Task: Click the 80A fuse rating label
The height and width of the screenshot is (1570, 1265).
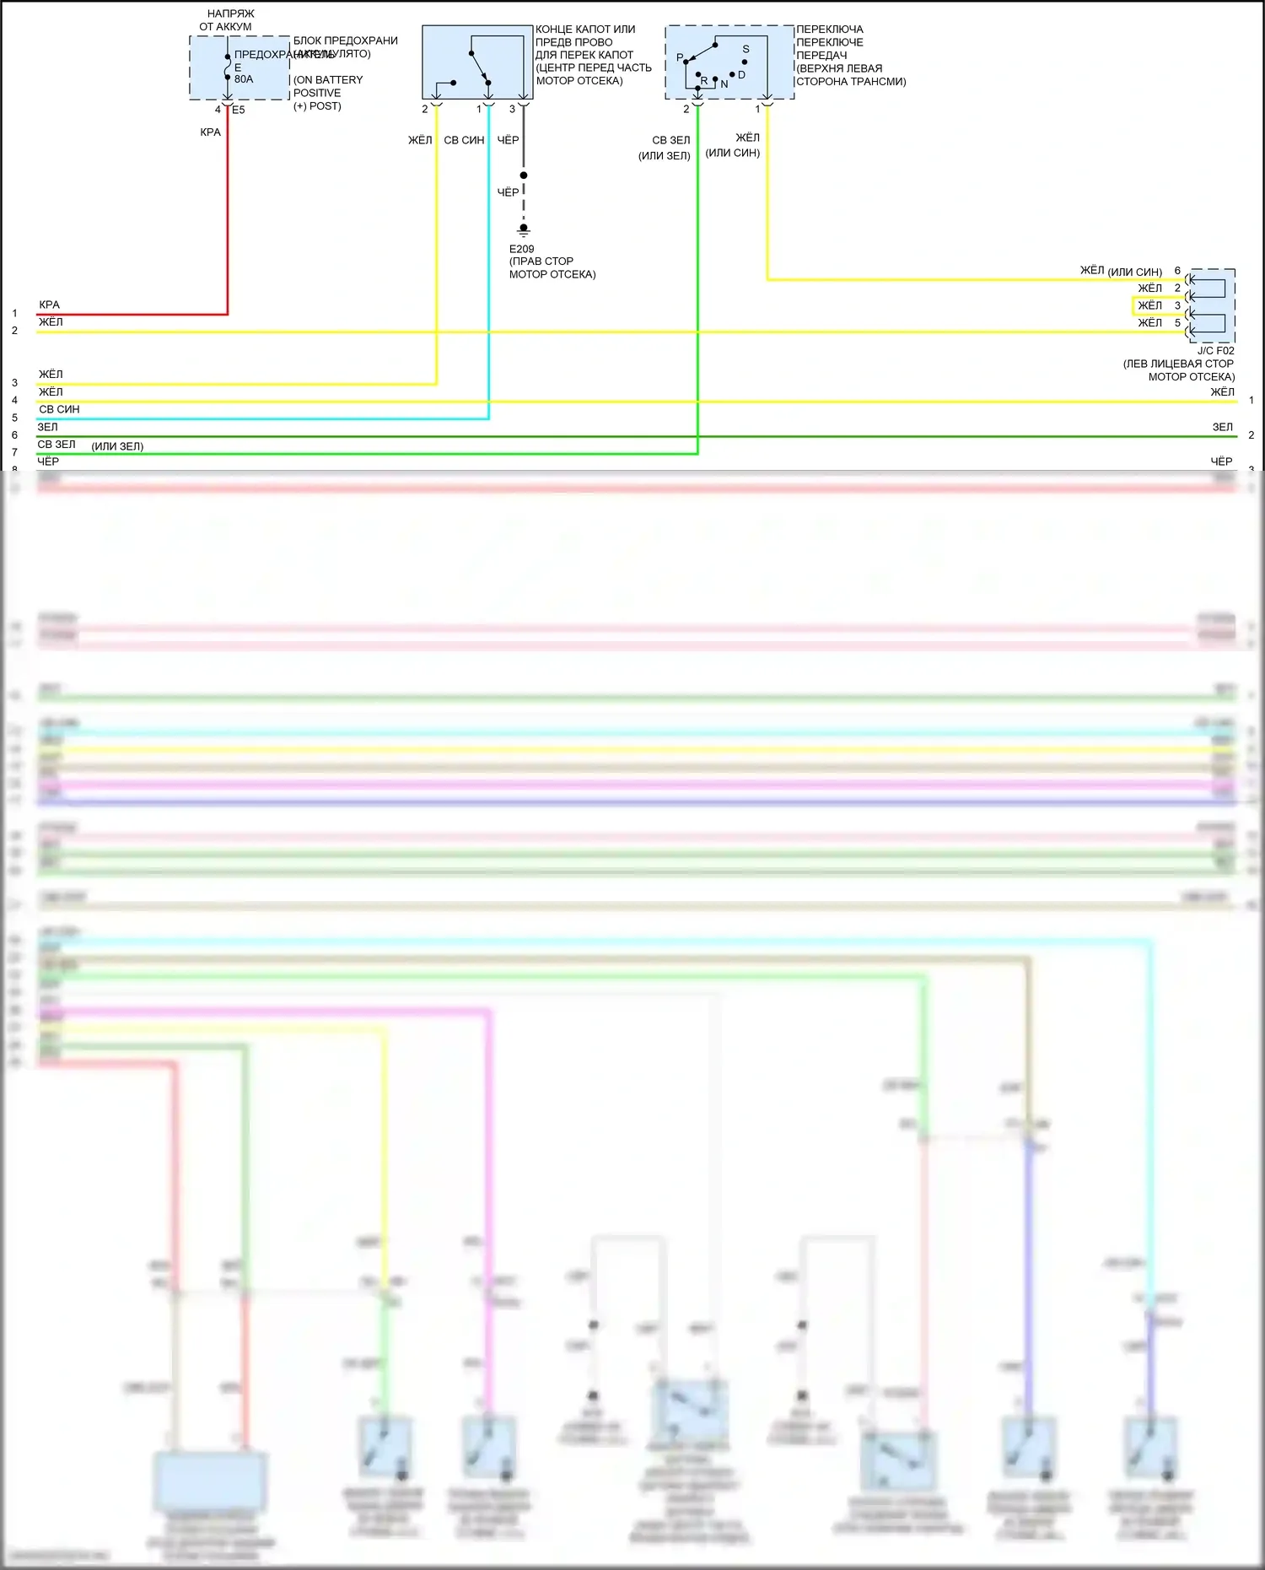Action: pyautogui.click(x=244, y=79)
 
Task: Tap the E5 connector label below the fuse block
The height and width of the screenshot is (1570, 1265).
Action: pyautogui.click(x=239, y=110)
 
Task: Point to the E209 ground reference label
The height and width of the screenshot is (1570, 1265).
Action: pyautogui.click(x=521, y=249)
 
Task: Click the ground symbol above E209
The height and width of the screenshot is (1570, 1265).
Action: pyautogui.click(x=524, y=229)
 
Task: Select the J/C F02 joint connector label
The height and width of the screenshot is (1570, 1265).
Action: pyautogui.click(x=1215, y=351)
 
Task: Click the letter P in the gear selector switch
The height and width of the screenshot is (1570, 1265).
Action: pyautogui.click(x=680, y=58)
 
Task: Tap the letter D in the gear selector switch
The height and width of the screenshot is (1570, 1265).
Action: pyautogui.click(x=741, y=75)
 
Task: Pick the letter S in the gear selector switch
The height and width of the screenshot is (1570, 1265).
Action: pyautogui.click(x=746, y=49)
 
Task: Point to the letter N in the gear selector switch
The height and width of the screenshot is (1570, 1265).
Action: pyautogui.click(x=724, y=84)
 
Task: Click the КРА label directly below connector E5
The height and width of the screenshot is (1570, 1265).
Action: pyautogui.click(x=210, y=132)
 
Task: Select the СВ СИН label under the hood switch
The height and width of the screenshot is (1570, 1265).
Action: pyautogui.click(x=464, y=140)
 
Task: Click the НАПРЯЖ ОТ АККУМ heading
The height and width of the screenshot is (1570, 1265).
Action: pyautogui.click(x=229, y=20)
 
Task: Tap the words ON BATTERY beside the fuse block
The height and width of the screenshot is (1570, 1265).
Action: pyautogui.click(x=328, y=80)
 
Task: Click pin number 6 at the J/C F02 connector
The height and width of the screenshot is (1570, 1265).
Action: pyautogui.click(x=1177, y=271)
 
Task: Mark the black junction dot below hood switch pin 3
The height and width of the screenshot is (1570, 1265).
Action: pyautogui.click(x=524, y=175)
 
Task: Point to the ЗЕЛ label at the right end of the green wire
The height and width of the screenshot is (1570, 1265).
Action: pyautogui.click(x=1222, y=428)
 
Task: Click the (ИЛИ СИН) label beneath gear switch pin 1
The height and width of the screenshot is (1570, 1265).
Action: pyautogui.click(x=733, y=153)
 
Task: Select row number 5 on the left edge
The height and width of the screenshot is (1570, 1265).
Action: pyautogui.click(x=14, y=418)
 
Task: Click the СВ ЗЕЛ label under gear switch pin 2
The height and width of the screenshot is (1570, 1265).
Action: pyautogui.click(x=671, y=140)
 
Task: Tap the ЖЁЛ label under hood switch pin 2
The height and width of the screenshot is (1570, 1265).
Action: pyautogui.click(x=420, y=140)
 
